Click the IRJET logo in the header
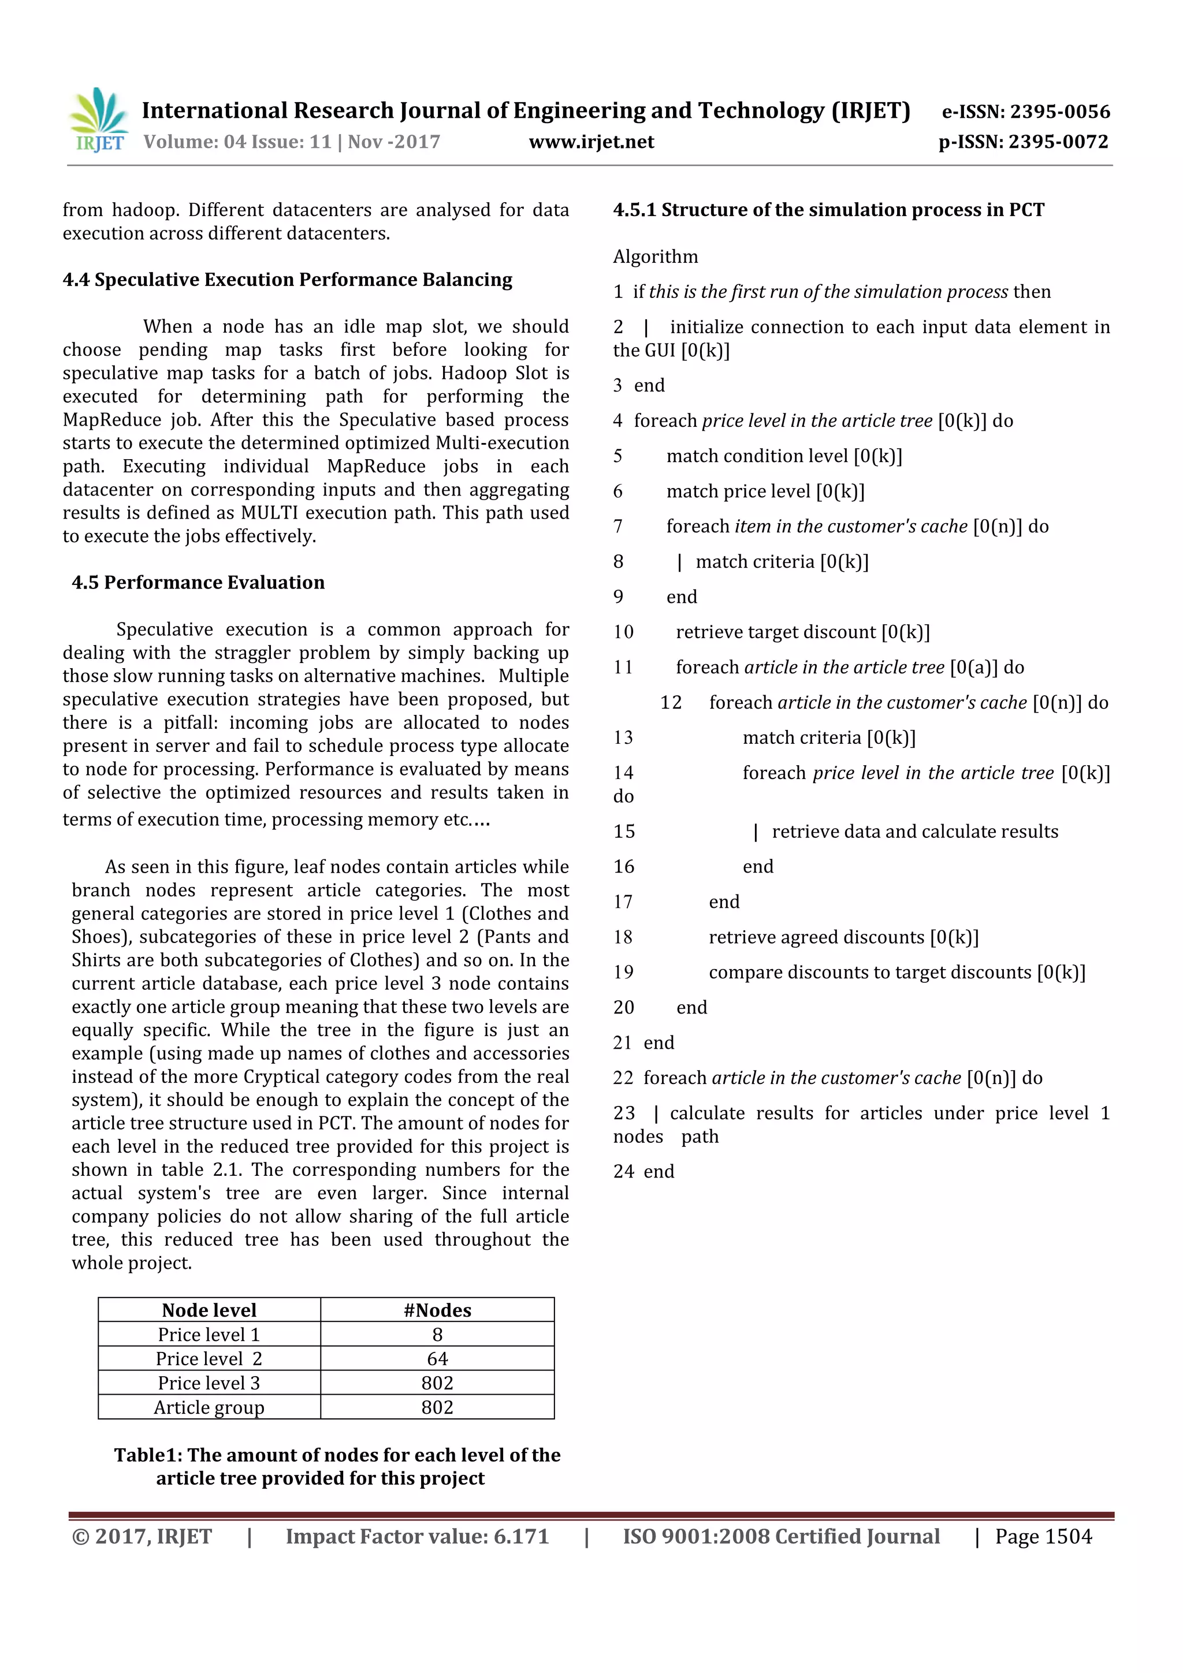pyautogui.click(x=98, y=120)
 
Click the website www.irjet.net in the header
pyautogui.click(x=591, y=142)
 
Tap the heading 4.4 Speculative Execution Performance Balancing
pyautogui.click(x=287, y=280)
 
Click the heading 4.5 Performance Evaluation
pyautogui.click(x=198, y=582)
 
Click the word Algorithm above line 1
pyautogui.click(x=654, y=256)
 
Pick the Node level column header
pyautogui.click(x=209, y=1310)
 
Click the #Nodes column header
pyautogui.click(x=437, y=1310)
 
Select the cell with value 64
pyautogui.click(x=437, y=1358)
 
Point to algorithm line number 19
pyautogui.click(x=623, y=972)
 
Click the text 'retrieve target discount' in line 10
pyautogui.click(x=776, y=632)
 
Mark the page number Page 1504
pyautogui.click(x=1043, y=1536)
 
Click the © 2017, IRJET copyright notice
pyautogui.click(x=142, y=1536)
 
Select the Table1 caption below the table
pyautogui.click(x=336, y=1466)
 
